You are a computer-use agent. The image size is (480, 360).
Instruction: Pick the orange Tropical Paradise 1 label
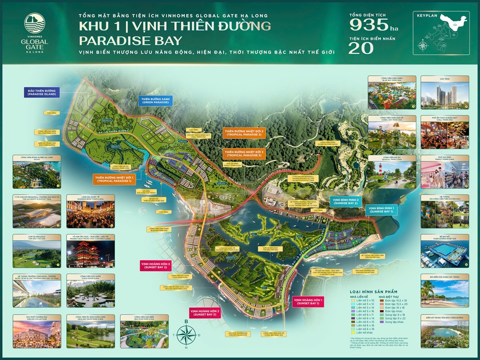[114, 180]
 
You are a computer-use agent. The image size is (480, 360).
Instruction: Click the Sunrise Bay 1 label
[382, 209]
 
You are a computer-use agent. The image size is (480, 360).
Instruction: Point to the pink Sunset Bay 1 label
[309, 302]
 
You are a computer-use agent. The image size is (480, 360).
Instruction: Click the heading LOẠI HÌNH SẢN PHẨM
[379, 291]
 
